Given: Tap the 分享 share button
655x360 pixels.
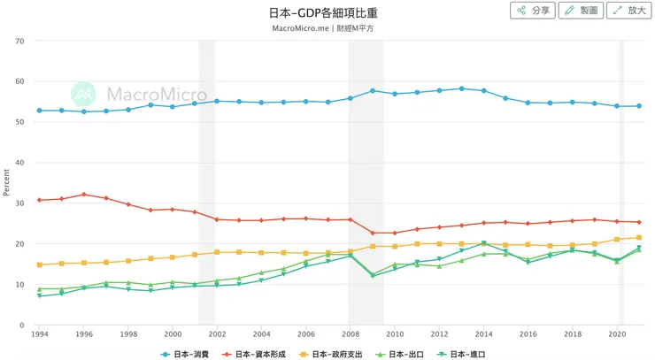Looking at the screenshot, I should click(x=533, y=11).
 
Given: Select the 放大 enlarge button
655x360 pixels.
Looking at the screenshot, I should click(x=628, y=11).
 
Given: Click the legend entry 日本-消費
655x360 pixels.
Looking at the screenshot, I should click(x=189, y=354).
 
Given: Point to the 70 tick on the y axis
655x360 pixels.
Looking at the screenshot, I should click(x=19, y=41).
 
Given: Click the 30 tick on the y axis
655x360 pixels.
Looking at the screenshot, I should click(x=19, y=203).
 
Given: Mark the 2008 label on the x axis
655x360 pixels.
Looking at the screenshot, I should click(x=350, y=335).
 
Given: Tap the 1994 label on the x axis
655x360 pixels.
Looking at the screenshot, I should click(x=39, y=335).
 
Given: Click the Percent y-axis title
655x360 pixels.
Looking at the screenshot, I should click(x=6, y=182).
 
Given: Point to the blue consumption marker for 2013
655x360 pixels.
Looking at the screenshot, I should click(x=461, y=88).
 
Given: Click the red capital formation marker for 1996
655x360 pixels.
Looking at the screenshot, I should click(x=84, y=195).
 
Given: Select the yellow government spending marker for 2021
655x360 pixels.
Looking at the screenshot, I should click(x=638, y=238).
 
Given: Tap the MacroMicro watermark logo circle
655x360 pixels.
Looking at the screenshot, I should click(x=83, y=94).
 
